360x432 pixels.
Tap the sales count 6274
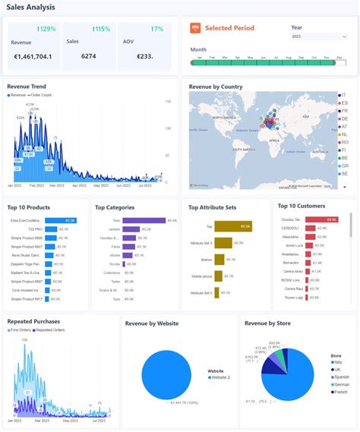point(78,56)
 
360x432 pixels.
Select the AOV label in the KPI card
point(129,43)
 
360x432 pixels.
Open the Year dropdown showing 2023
point(318,36)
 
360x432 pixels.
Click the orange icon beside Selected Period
point(195,28)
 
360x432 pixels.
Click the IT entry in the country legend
point(343,95)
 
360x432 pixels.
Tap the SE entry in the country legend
point(343,173)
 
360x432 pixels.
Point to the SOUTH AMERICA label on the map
point(243,151)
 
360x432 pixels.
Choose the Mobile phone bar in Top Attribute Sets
point(217,276)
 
